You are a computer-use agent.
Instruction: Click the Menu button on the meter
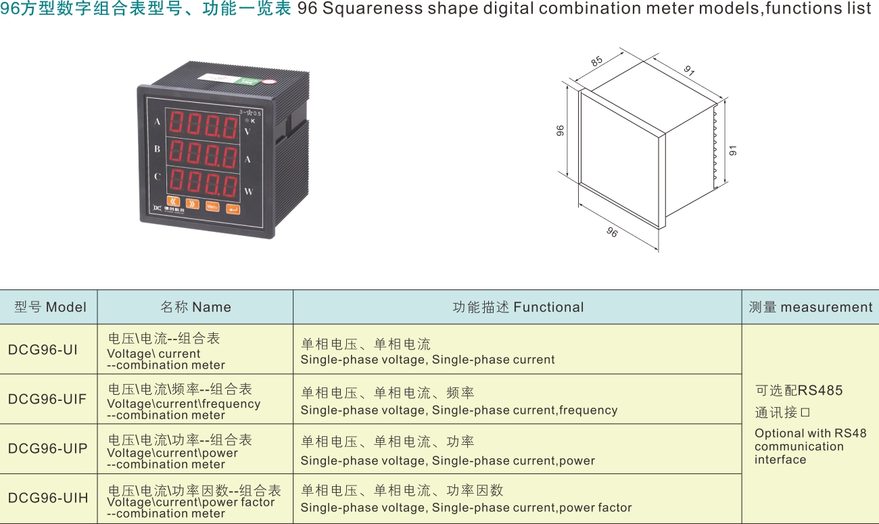point(212,206)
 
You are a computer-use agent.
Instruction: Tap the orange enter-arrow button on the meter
point(233,209)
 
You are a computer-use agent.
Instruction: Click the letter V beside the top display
point(247,131)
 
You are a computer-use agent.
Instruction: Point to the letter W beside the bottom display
point(249,191)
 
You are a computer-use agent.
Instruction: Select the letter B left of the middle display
point(158,149)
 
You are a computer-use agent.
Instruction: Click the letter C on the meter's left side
point(158,176)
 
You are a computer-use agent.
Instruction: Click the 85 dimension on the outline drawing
point(596,62)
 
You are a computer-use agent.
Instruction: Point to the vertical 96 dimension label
point(560,130)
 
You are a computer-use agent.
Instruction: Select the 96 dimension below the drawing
point(612,232)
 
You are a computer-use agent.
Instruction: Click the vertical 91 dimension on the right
point(733,151)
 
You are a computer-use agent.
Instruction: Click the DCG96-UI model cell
point(43,350)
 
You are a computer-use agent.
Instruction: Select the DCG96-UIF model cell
point(47,399)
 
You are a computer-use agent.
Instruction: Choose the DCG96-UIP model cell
point(47,448)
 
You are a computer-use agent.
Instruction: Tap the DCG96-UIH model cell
point(48,498)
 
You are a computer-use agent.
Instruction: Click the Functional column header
point(518,307)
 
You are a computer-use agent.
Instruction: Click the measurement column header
point(810,307)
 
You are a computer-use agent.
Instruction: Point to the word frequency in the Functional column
point(588,410)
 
